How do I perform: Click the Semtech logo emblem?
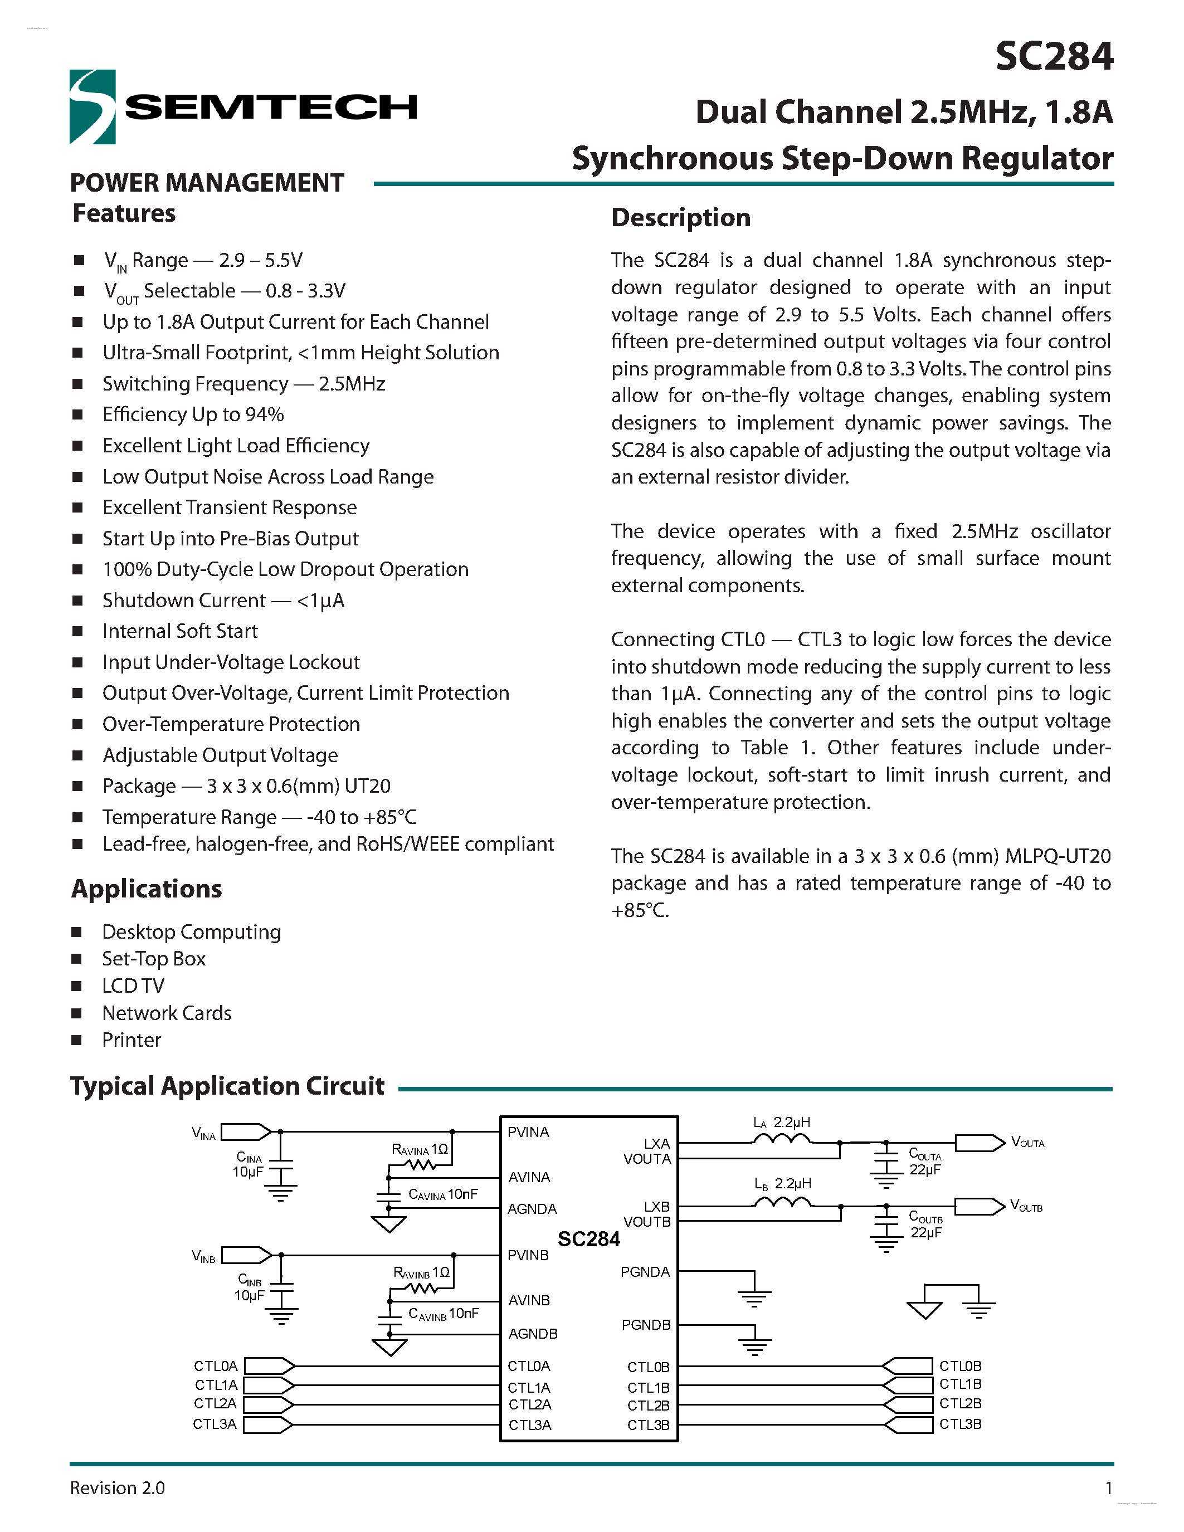[x=92, y=106]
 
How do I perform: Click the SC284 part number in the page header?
[x=1054, y=56]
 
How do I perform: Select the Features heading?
[x=124, y=213]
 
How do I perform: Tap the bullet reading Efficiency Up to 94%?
[x=193, y=414]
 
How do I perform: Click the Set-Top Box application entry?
[x=154, y=959]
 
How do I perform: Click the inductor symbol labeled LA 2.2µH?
[x=782, y=1140]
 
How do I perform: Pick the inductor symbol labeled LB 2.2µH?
[x=782, y=1202]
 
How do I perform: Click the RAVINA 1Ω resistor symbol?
[x=422, y=1165]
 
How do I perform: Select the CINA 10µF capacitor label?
[x=249, y=1164]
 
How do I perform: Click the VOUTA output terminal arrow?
[x=979, y=1143]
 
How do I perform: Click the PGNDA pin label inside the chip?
[x=645, y=1272]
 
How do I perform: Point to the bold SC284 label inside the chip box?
[x=588, y=1240]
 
